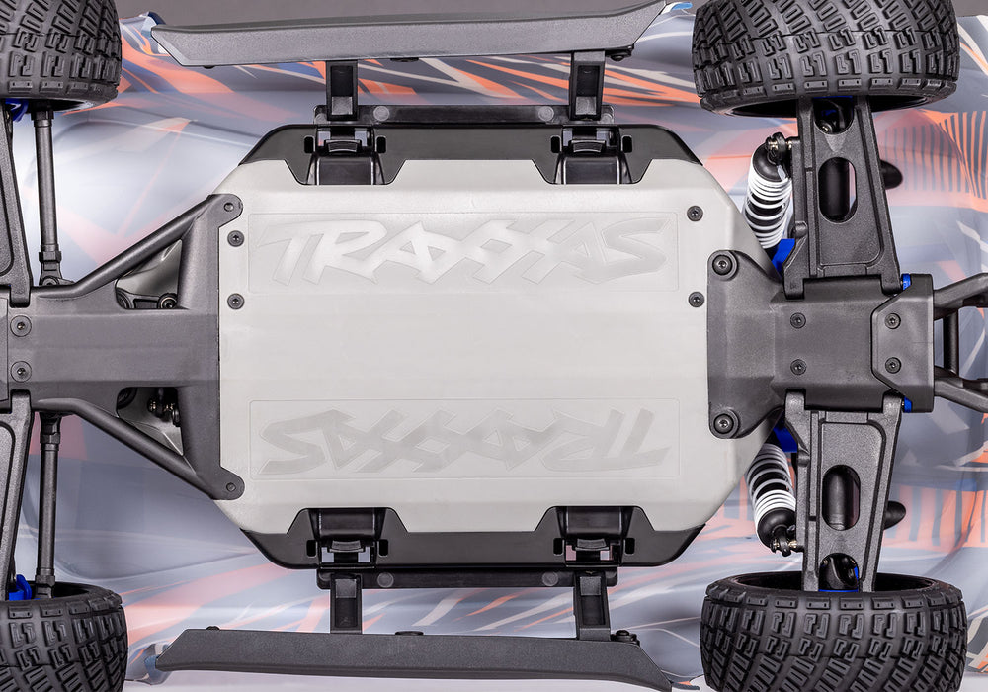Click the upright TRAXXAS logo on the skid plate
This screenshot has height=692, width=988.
(462, 249)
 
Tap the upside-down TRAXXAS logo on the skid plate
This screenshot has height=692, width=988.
(462, 440)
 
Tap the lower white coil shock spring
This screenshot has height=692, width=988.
(770, 489)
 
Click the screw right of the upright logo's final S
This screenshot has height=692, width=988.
(695, 214)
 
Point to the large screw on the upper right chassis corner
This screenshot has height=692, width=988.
(724, 264)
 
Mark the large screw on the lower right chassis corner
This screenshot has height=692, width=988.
(724, 423)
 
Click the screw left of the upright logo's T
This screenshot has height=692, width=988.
(235, 238)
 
